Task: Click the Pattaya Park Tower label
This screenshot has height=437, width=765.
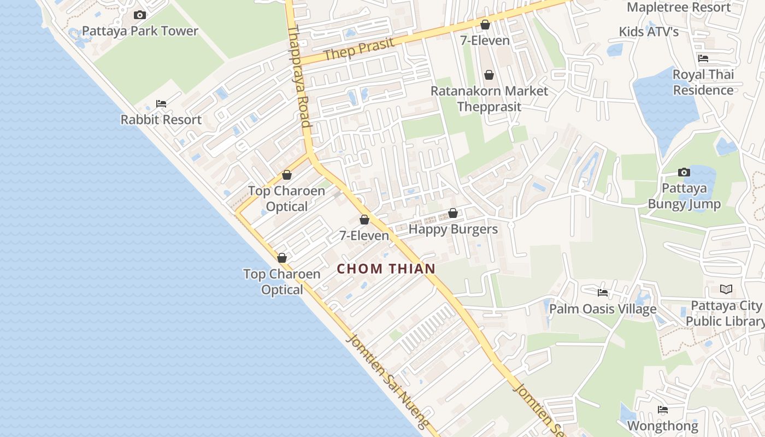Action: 140,31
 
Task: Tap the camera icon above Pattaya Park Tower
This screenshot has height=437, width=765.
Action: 140,15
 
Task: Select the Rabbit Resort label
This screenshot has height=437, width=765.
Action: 161,120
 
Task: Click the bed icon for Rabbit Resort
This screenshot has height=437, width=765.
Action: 161,103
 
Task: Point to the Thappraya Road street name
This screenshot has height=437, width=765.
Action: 299,76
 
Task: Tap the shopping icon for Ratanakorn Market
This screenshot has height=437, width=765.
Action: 489,75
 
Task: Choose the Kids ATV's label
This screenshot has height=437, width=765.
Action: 649,32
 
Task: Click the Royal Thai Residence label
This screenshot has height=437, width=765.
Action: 703,82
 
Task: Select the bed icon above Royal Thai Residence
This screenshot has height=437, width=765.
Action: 703,58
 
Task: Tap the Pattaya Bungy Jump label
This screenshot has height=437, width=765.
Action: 684,196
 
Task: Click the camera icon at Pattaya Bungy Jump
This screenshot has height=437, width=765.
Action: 684,173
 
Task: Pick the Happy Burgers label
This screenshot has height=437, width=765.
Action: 453,229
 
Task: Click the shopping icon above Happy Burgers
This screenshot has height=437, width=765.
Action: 453,213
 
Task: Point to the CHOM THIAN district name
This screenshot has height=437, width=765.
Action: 386,269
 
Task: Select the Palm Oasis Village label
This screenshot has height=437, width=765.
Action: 603,309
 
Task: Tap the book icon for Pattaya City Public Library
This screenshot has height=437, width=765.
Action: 726,290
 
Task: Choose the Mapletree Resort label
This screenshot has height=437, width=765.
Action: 679,7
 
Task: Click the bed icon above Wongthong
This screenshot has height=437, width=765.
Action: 663,410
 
